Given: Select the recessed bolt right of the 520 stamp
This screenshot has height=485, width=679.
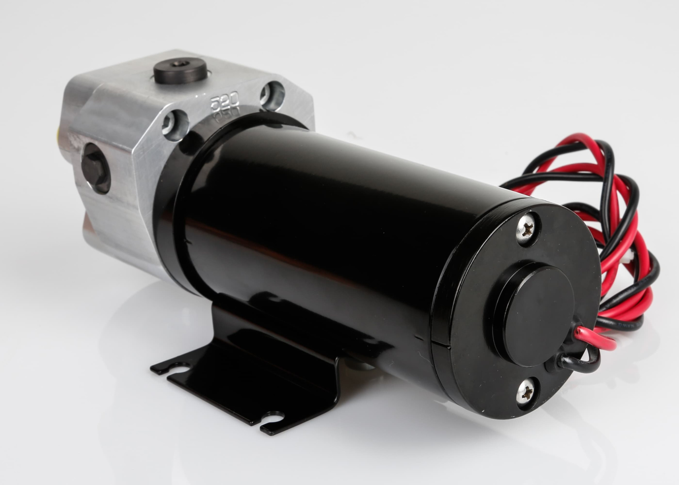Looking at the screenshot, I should click(273, 95).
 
